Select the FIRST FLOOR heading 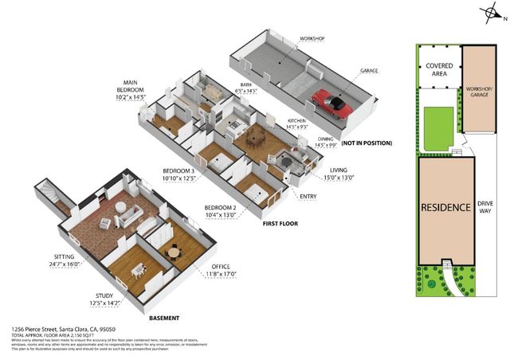(280, 224)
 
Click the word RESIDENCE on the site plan (445, 207)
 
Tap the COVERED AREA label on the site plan (437, 70)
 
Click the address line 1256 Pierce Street (64, 329)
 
